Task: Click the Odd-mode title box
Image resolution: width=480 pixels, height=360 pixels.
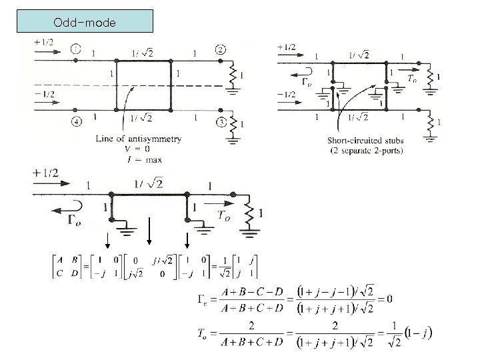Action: coord(85,22)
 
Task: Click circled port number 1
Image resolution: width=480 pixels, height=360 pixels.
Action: coord(76,49)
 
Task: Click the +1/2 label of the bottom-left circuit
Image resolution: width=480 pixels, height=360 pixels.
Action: coord(45,174)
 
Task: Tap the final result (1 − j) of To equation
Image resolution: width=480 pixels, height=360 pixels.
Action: coord(419,333)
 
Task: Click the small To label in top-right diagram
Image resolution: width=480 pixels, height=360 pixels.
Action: coord(413,79)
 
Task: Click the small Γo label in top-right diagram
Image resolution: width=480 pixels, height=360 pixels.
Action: coord(306,83)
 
